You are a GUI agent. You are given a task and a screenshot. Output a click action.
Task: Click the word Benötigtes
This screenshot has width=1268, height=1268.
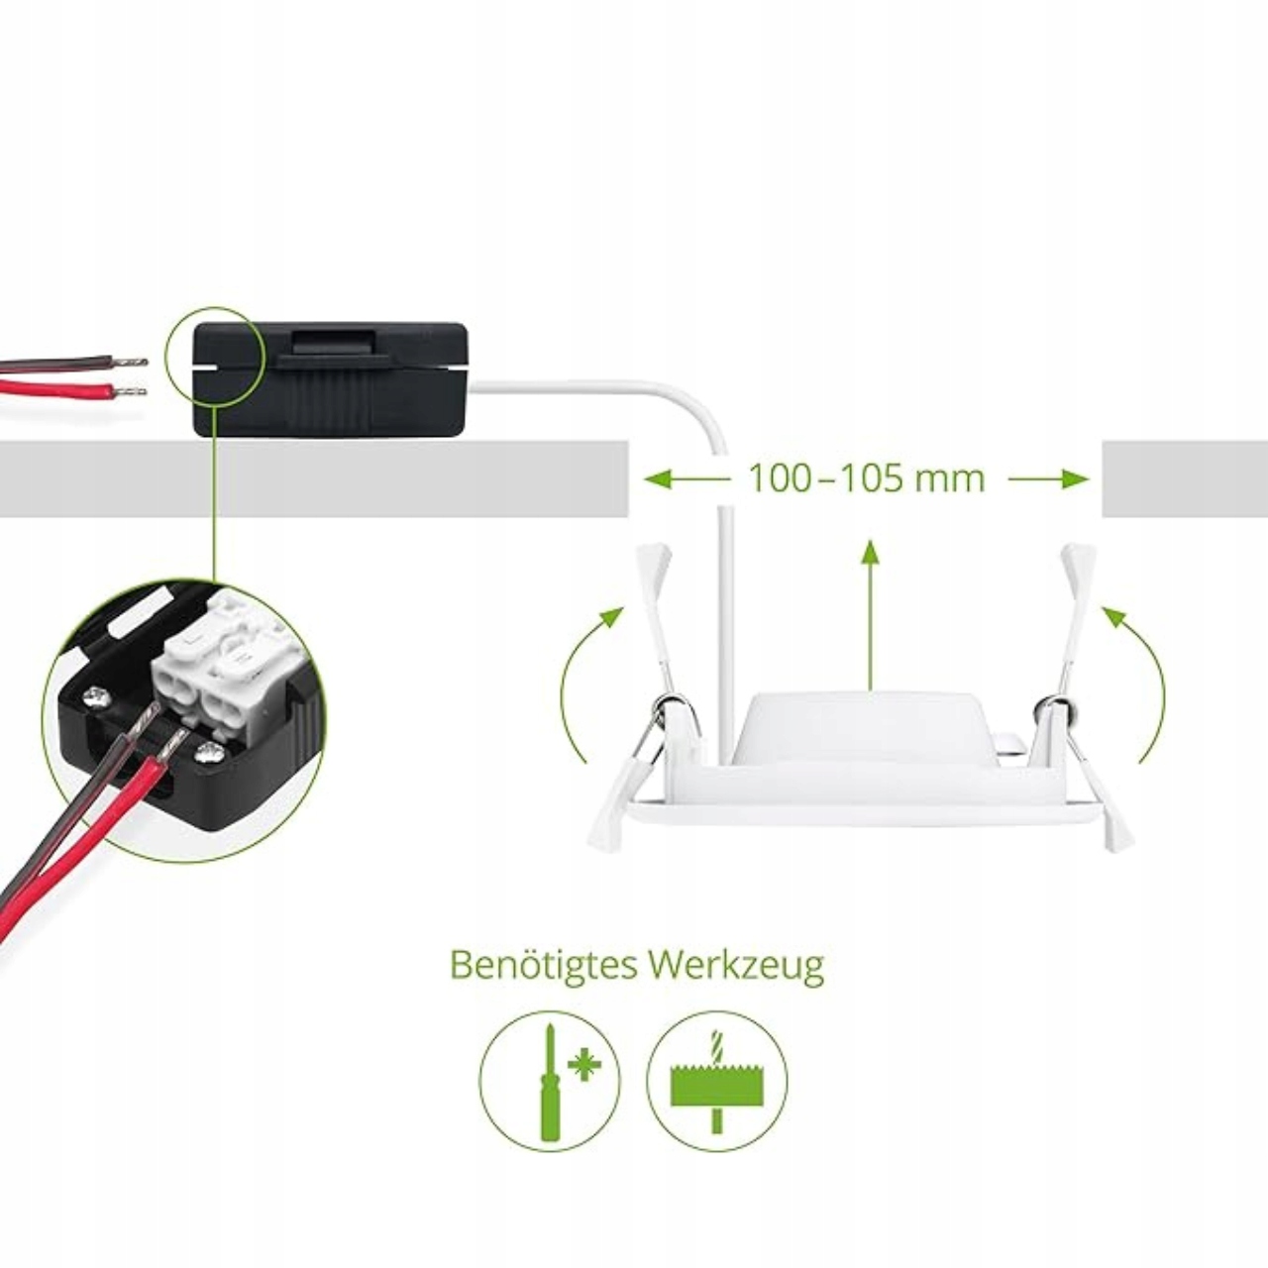542,965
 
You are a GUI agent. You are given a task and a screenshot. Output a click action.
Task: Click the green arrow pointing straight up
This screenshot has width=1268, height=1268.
871,614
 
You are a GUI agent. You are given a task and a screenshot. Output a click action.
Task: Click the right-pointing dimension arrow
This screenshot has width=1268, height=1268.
1050,479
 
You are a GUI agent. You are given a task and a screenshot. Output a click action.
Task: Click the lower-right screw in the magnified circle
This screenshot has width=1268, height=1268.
209,754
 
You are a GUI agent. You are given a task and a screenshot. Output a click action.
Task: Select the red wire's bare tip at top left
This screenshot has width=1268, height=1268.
131,391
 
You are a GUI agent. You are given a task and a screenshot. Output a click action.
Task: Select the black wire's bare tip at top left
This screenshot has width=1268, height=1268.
131,363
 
